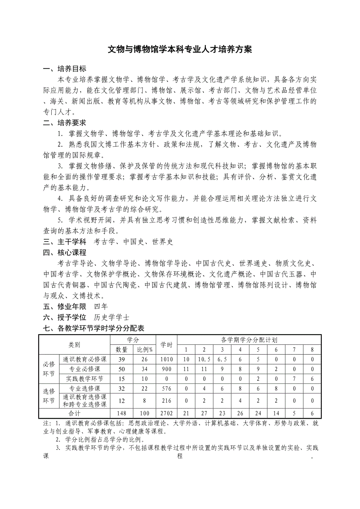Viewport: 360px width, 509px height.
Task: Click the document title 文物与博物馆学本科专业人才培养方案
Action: pyautogui.click(x=180, y=50)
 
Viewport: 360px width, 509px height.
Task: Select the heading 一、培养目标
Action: pyautogui.click(x=65, y=69)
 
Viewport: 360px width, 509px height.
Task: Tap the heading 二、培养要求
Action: pyautogui.click(x=65, y=123)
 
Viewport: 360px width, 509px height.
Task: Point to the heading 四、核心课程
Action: pyautogui.click(x=65, y=252)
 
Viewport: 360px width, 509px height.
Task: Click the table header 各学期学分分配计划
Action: pyautogui.click(x=249, y=340)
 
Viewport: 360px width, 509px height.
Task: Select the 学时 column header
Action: pyautogui.click(x=166, y=344)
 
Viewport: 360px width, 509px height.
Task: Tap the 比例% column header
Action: pyautogui.click(x=144, y=349)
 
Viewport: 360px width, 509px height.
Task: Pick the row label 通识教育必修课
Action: pyautogui.click(x=85, y=359)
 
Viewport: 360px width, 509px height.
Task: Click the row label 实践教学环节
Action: pyautogui.click(x=85, y=378)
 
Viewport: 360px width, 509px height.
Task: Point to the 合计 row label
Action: pyautogui.click(x=74, y=413)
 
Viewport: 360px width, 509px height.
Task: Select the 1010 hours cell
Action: pyautogui.click(x=166, y=359)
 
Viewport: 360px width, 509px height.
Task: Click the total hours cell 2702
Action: pyautogui.click(x=166, y=413)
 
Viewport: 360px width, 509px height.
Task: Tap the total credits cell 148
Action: pyautogui.click(x=122, y=413)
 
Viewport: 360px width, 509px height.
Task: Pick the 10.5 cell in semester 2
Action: pyautogui.click(x=204, y=359)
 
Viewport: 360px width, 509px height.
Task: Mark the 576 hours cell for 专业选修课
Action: pyautogui.click(x=166, y=389)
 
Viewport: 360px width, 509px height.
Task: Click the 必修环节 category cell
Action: pyautogui.click(x=49, y=369)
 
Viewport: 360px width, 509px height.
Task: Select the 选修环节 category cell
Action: pyautogui.click(x=49, y=396)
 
